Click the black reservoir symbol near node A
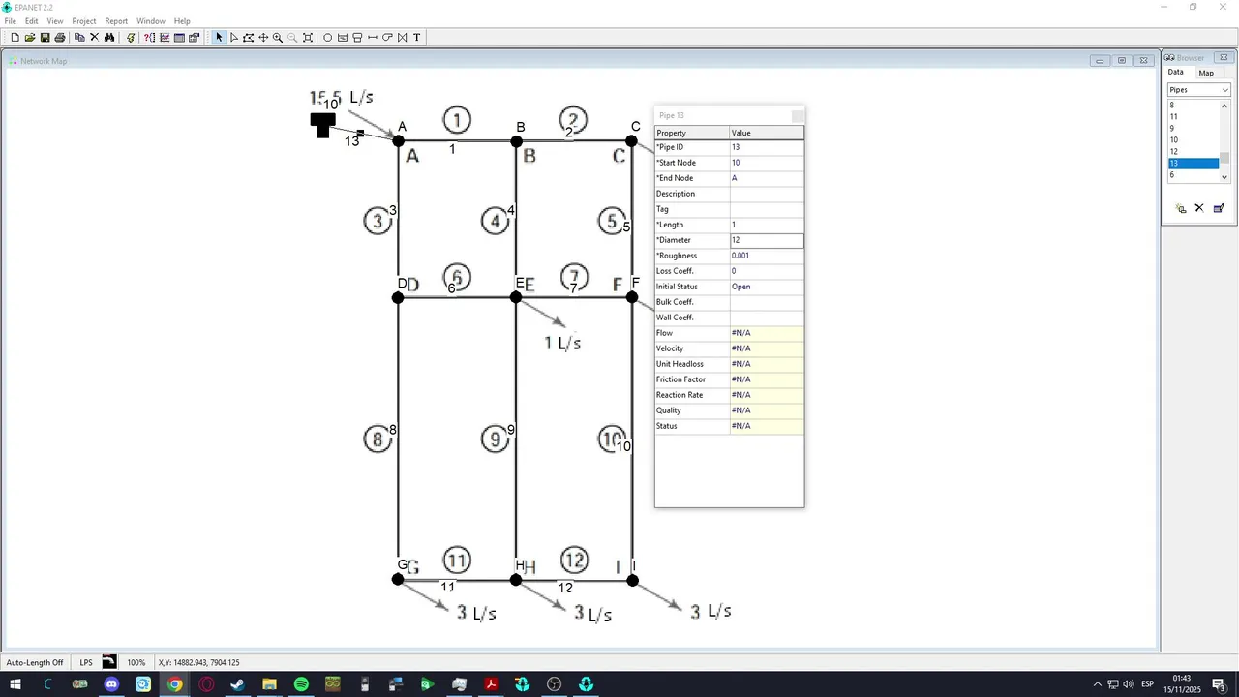tap(322, 125)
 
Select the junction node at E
tap(516, 297)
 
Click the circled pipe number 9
tap(495, 439)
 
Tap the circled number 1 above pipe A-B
tap(457, 121)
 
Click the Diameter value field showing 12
tap(766, 240)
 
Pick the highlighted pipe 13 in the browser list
tap(1193, 164)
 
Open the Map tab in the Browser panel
tap(1206, 73)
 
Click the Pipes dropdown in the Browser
tap(1198, 90)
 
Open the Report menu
tap(116, 21)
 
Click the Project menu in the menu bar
tap(84, 21)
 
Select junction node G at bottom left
tap(398, 580)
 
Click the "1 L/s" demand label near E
tap(562, 344)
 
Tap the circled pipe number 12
tap(574, 560)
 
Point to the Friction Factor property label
tap(680, 379)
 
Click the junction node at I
tap(632, 580)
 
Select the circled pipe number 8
tap(378, 439)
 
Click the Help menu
tap(182, 21)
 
